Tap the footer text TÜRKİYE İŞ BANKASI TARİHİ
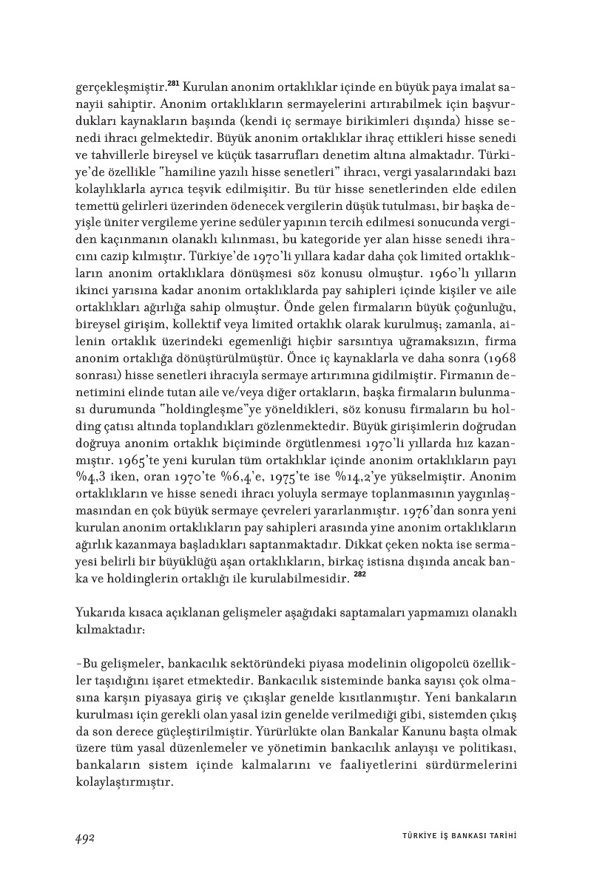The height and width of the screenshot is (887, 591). pyautogui.click(x=453, y=836)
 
